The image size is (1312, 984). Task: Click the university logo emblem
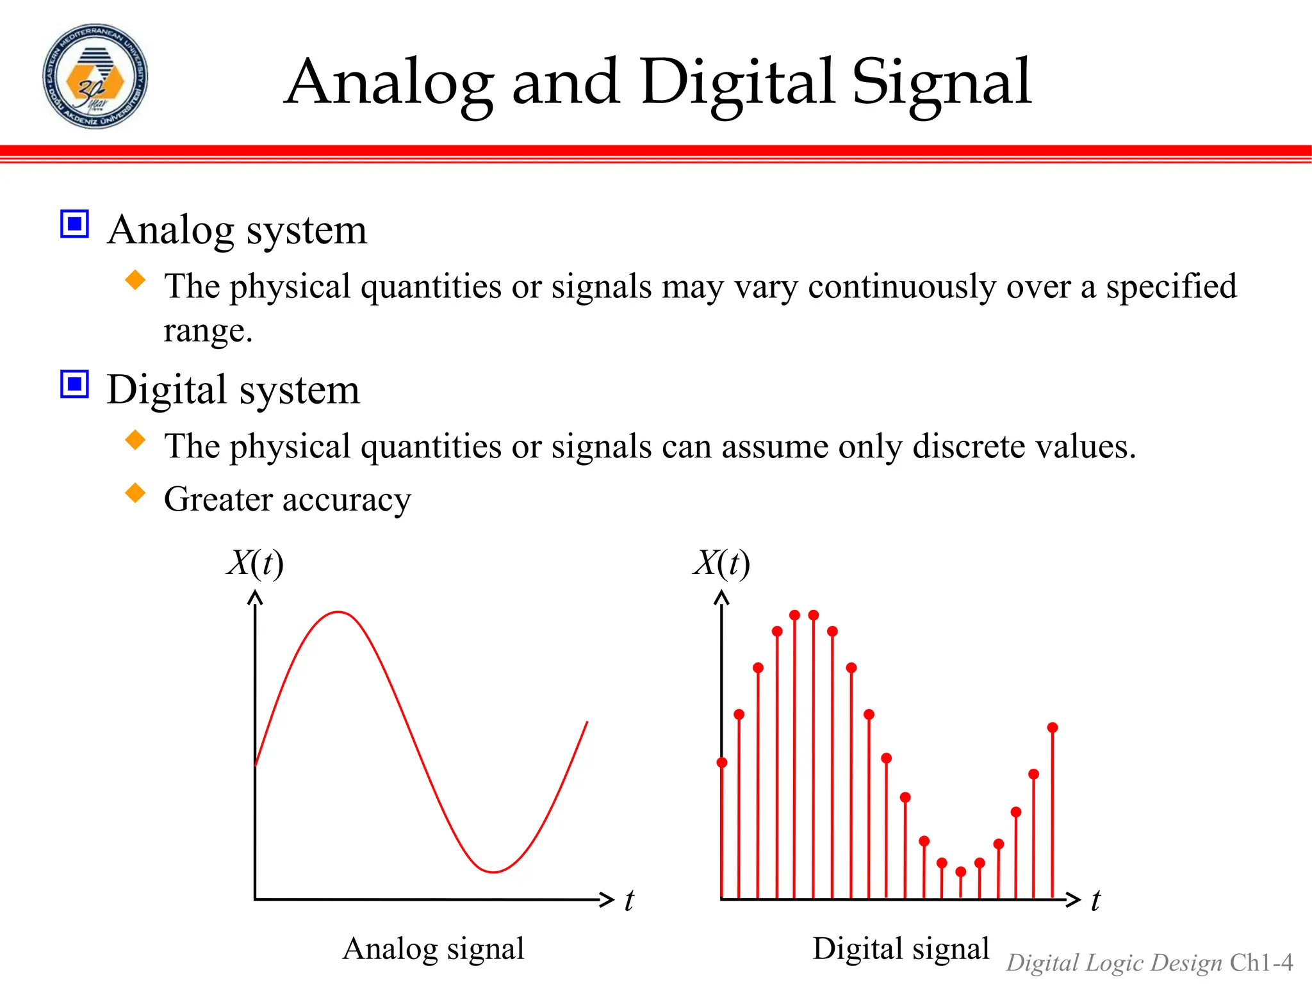(95, 76)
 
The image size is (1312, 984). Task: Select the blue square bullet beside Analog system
(74, 224)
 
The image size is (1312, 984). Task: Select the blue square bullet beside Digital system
(74, 384)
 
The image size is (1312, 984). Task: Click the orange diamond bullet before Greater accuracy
(135, 493)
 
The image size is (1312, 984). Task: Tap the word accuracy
(346, 500)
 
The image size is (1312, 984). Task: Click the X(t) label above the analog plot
(255, 564)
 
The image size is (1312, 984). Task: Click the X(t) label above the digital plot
(721, 564)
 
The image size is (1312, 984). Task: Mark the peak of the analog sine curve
(338, 612)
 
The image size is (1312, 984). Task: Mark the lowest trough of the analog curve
(494, 872)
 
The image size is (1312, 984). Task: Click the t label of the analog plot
(629, 900)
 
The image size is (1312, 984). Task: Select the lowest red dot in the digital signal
(960, 872)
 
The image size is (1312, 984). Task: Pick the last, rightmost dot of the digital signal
(1053, 728)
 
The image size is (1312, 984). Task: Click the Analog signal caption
(433, 949)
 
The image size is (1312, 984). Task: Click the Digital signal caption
(901, 949)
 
